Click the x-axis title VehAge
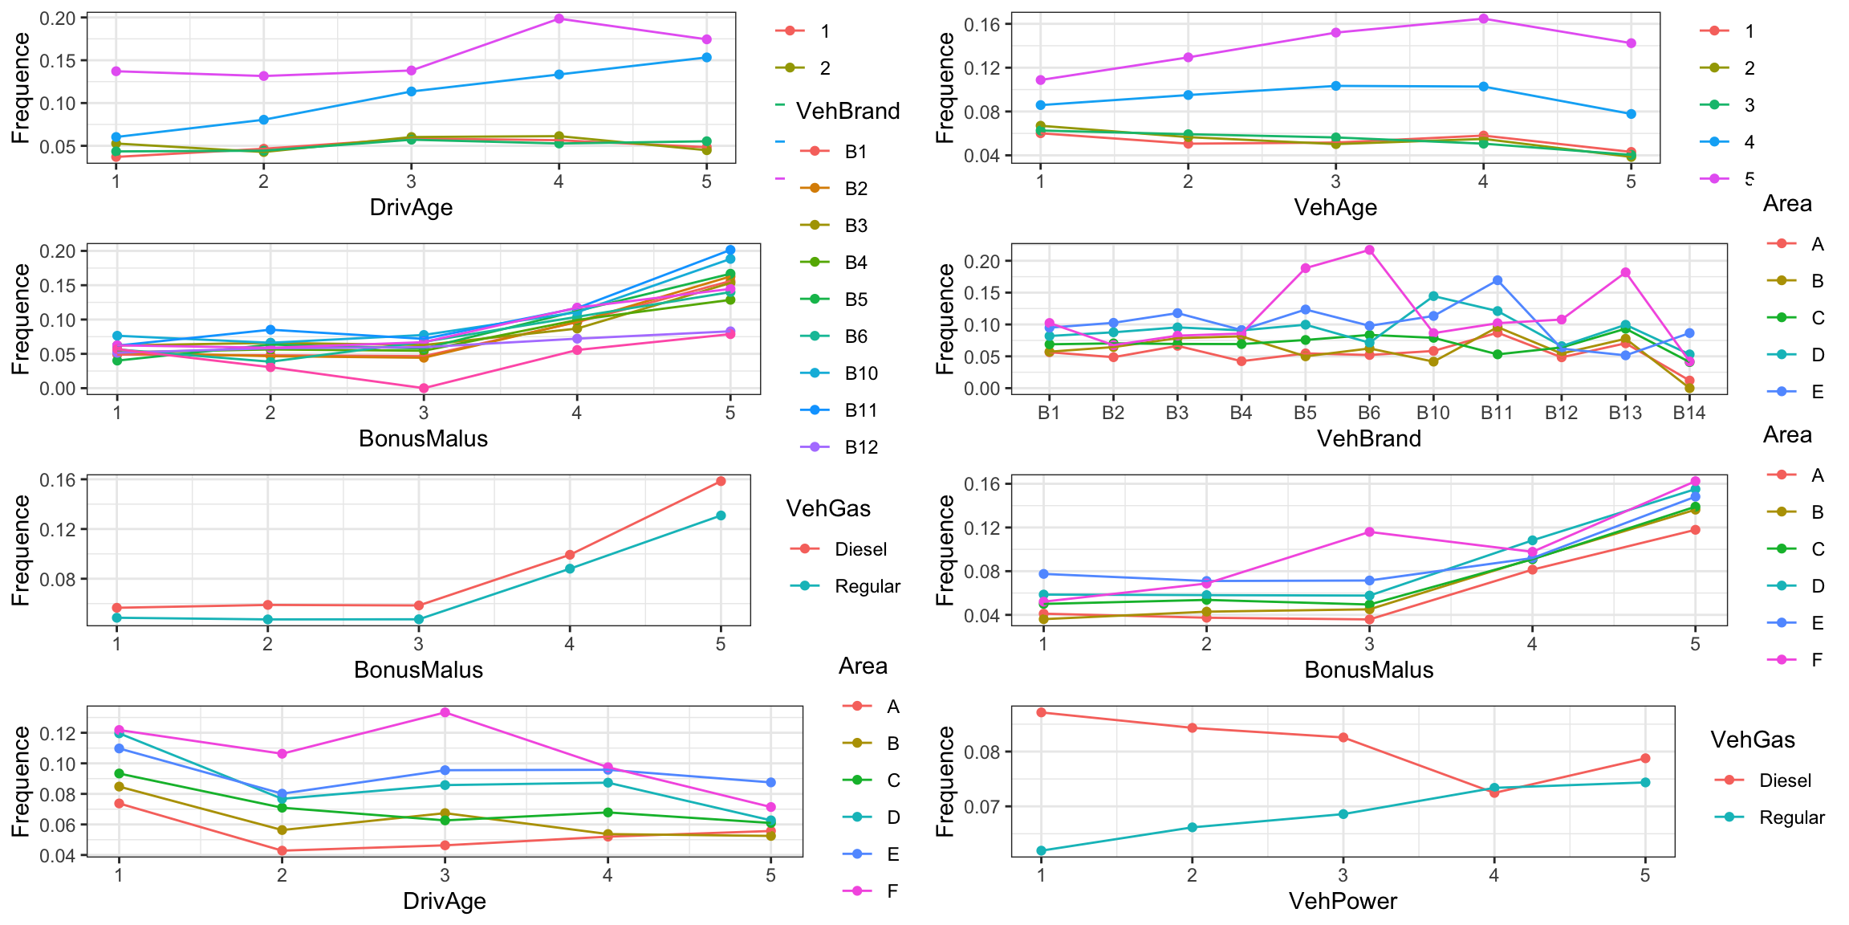coord(1335,207)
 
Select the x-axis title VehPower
coord(1343,901)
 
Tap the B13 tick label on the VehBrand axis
coord(1625,413)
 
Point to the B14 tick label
coord(1689,413)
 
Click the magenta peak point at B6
coord(1369,250)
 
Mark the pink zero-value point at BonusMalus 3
coord(424,389)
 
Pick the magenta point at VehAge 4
coord(1483,18)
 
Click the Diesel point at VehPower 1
coord(1041,712)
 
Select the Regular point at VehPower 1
coord(1041,850)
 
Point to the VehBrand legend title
coord(847,111)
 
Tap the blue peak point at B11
coord(1497,280)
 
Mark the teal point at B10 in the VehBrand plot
coord(1433,296)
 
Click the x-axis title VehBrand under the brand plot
coord(1369,438)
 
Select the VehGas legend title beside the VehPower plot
coord(1753,740)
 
